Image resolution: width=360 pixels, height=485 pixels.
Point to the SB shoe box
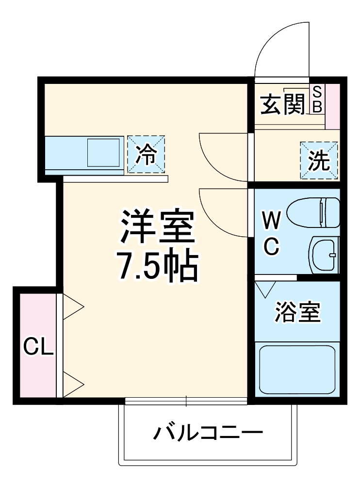pos(317,99)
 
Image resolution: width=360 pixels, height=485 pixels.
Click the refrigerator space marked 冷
pos(146,154)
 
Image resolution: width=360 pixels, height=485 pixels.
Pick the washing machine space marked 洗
pos(319,161)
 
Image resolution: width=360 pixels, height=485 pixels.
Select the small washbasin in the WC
pos(324,255)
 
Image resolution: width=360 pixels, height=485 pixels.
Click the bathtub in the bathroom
pos(297,369)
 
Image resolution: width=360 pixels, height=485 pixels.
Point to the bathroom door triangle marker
pos(265,290)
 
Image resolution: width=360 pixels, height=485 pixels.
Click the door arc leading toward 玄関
pos(221,158)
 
